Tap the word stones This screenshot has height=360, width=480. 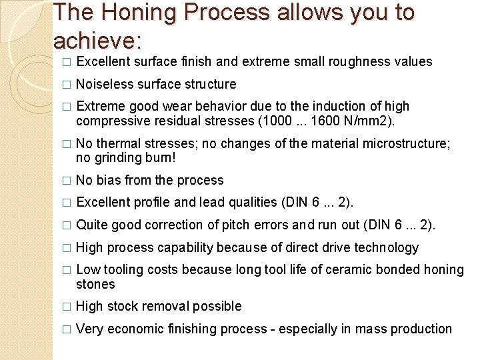(x=95, y=285)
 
